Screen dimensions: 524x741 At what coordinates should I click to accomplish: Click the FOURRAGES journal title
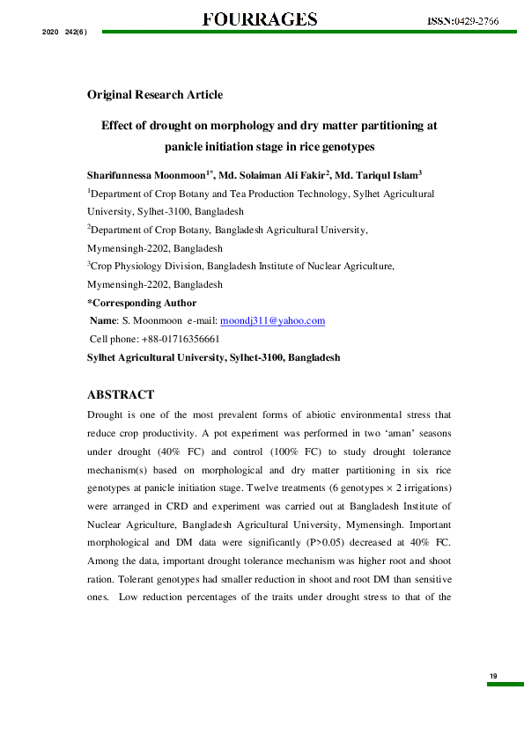(260, 18)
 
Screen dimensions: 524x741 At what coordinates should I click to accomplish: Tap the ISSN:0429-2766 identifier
(462, 21)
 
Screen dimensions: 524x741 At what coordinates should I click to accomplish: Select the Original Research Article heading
(154, 94)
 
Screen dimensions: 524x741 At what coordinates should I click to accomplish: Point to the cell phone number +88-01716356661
(181, 339)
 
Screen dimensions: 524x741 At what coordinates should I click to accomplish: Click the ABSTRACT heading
(121, 394)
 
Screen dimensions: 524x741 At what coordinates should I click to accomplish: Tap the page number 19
(493, 675)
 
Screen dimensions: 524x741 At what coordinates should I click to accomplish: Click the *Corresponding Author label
(142, 303)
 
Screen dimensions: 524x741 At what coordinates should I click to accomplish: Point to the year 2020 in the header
(50, 33)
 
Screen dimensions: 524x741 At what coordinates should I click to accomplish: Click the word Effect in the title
(116, 126)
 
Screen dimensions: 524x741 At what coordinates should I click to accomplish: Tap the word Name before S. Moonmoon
(104, 321)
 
